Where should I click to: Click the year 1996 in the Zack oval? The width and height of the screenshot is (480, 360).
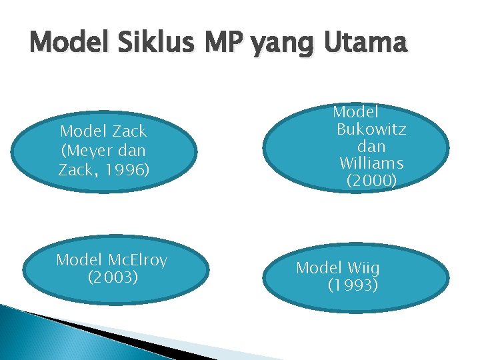(x=127, y=170)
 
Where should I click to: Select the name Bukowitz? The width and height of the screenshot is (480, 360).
(x=371, y=129)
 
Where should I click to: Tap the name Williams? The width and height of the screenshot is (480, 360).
(x=371, y=163)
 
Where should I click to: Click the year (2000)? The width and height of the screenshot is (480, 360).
(x=371, y=181)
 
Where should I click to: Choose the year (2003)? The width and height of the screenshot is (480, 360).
(x=113, y=276)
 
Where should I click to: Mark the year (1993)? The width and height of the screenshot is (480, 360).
(x=353, y=285)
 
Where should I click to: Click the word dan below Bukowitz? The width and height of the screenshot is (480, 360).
(x=371, y=146)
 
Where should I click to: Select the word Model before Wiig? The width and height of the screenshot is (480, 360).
(x=319, y=268)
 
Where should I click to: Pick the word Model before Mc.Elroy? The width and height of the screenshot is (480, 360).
(x=79, y=259)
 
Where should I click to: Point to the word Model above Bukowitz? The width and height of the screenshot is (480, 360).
(x=355, y=111)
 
